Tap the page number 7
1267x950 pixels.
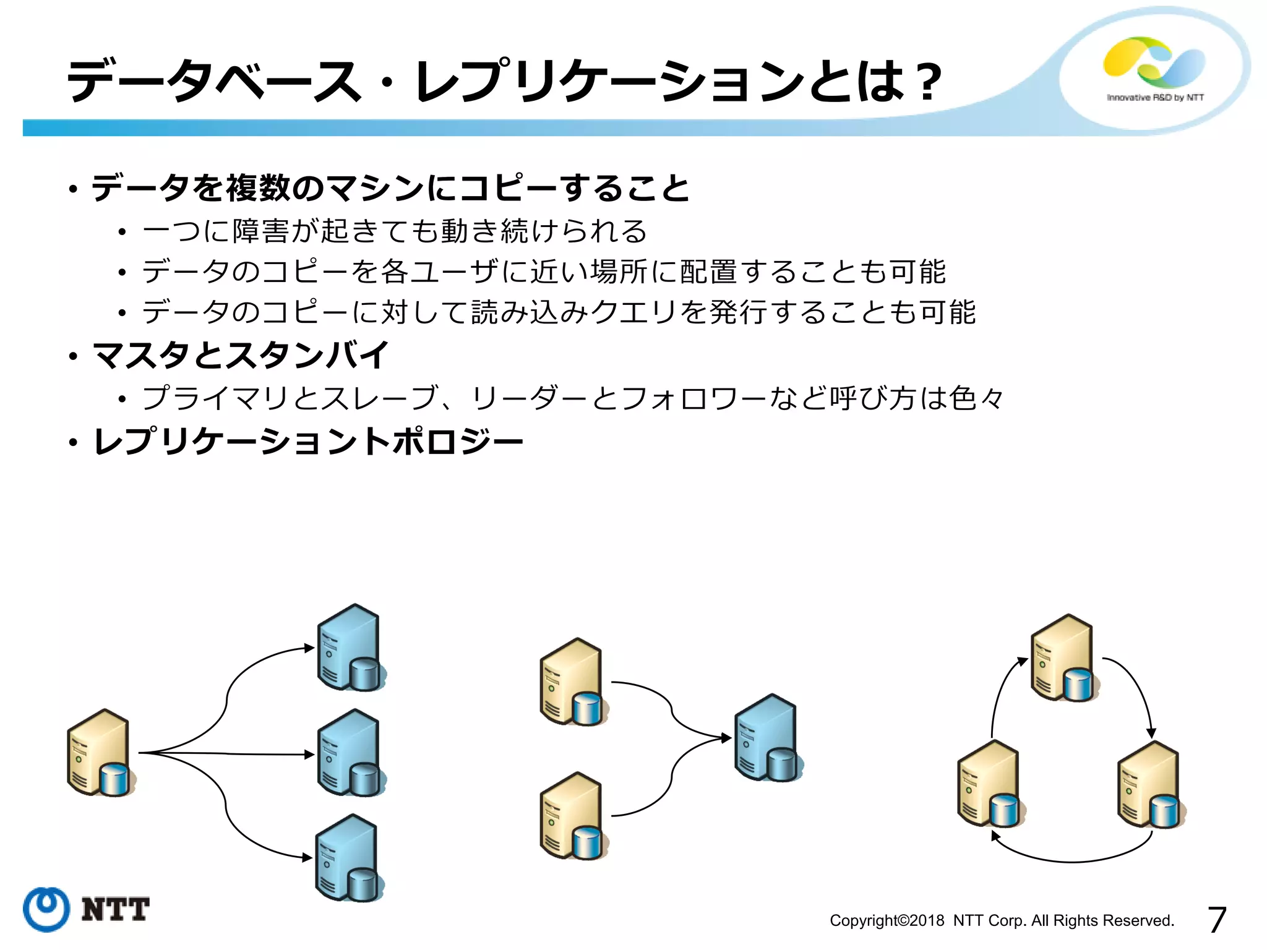pyautogui.click(x=1216, y=920)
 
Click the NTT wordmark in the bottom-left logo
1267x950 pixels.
pyautogui.click(x=115, y=910)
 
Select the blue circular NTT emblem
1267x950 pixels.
pyautogui.click(x=46, y=909)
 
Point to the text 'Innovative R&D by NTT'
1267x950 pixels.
pyautogui.click(x=1155, y=98)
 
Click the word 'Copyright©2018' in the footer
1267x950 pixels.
pyautogui.click(x=887, y=921)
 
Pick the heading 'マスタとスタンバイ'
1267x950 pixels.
pyautogui.click(x=241, y=356)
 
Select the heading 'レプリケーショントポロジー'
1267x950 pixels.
pyautogui.click(x=308, y=442)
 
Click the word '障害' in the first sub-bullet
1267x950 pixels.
pyautogui.click(x=260, y=231)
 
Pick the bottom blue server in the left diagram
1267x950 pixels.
pyautogui.click(x=349, y=858)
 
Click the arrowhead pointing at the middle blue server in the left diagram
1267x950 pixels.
pyautogui.click(x=310, y=755)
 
